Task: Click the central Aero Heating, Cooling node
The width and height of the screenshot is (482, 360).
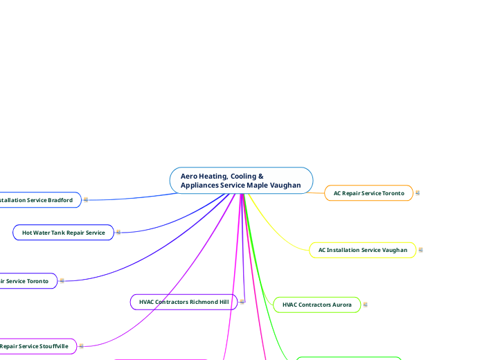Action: pyautogui.click(x=241, y=181)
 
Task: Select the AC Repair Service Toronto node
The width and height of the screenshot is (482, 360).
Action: pyautogui.click(x=368, y=193)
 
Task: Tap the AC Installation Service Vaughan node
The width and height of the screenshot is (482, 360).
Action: pyautogui.click(x=362, y=250)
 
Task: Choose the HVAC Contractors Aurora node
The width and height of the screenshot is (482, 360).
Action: pyautogui.click(x=316, y=305)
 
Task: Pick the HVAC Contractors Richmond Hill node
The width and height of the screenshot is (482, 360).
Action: pyautogui.click(x=184, y=302)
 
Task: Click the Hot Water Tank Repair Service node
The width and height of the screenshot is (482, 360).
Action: pyautogui.click(x=63, y=233)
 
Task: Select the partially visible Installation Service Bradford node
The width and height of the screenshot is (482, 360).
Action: pyautogui.click(x=38, y=200)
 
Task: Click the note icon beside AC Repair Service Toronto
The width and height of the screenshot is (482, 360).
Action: pyautogui.click(x=418, y=193)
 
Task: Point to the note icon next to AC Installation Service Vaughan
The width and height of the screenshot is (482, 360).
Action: pyautogui.click(x=421, y=250)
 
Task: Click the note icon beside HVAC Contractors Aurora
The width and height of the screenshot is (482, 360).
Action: pyautogui.click(x=366, y=305)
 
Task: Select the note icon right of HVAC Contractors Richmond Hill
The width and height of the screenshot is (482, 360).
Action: pyautogui.click(x=242, y=302)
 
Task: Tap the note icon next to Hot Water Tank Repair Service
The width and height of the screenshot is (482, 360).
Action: pyautogui.click(x=118, y=233)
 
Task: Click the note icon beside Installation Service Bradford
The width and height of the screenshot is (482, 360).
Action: pyautogui.click(x=86, y=200)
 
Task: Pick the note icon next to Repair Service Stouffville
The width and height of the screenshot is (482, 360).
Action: pyautogui.click(x=82, y=345)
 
